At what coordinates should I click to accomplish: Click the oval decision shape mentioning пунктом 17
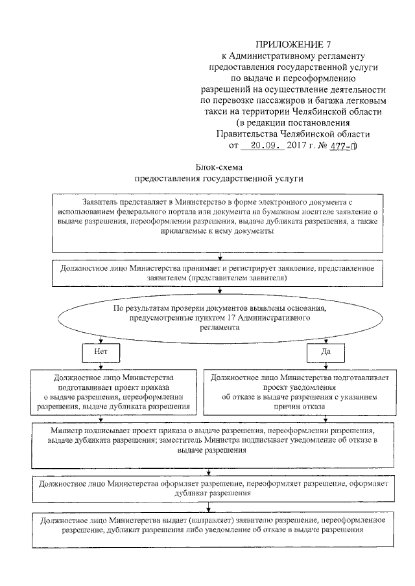click(x=219, y=318)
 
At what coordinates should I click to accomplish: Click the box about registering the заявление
click(x=219, y=272)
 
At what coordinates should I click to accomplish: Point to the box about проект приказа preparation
click(x=113, y=392)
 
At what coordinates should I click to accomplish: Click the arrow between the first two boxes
click(x=220, y=255)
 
